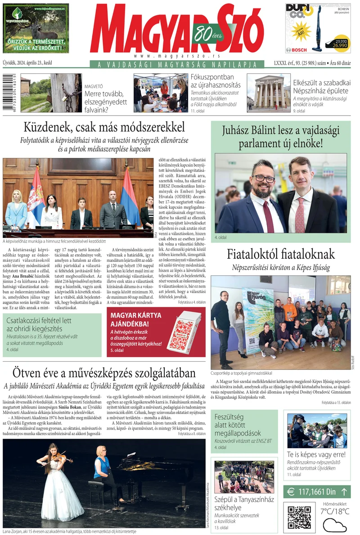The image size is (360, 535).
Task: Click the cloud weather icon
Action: (335, 524)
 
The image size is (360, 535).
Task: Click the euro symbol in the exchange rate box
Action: (291, 492)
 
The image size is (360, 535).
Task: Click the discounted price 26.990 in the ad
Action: (340, 45)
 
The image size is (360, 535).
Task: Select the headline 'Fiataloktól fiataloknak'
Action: (281, 254)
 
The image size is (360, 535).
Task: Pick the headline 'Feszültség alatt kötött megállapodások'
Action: (238, 425)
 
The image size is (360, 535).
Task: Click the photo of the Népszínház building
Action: (269, 93)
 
